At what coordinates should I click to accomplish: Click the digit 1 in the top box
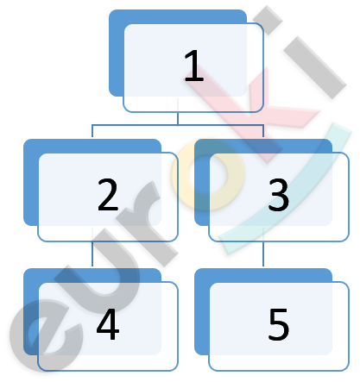[194, 66]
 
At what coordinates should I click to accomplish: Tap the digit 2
[108, 195]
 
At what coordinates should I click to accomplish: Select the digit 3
[279, 195]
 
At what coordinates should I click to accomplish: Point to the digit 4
[108, 324]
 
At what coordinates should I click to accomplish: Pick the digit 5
[279, 324]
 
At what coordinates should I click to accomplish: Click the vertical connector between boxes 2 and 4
[92, 254]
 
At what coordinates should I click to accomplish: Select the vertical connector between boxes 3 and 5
[263, 254]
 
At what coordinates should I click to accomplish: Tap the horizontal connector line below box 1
[178, 125]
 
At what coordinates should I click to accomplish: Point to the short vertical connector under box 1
[178, 118]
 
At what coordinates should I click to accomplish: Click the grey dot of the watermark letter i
[268, 20]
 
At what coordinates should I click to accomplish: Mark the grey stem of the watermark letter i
[315, 67]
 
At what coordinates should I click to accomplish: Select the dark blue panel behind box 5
[201, 312]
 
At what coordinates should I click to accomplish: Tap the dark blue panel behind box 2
[30, 183]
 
